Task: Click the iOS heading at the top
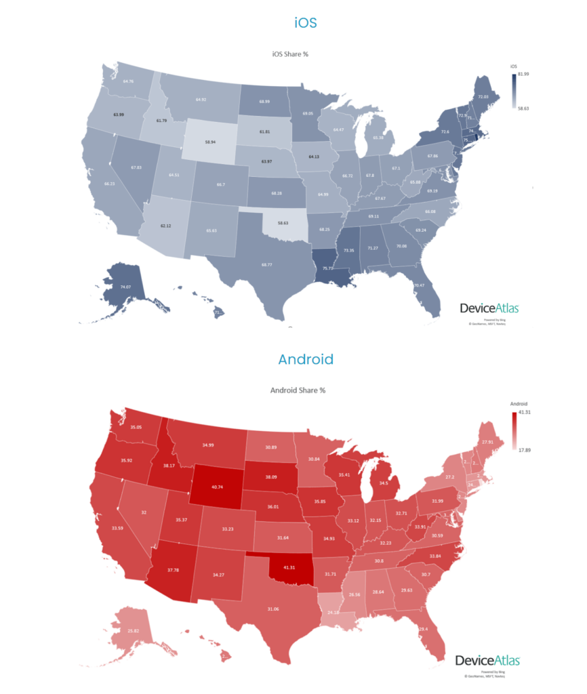point(306,23)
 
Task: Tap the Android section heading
point(306,359)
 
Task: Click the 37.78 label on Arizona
point(174,570)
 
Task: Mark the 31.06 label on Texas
point(273,609)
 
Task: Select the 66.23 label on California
point(110,184)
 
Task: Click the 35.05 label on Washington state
point(136,428)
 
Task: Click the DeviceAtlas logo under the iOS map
point(489,308)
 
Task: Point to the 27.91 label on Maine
point(487,442)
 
